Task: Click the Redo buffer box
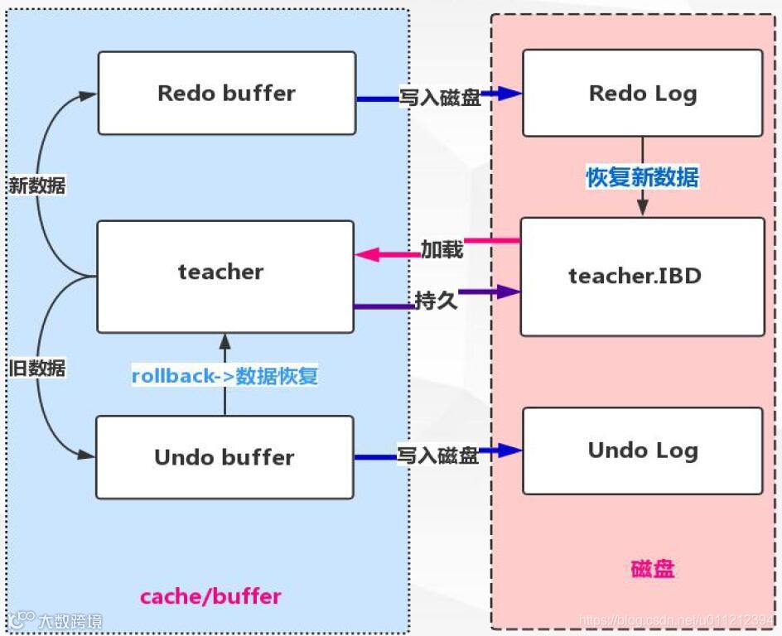[226, 93]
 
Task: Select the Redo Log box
[642, 93]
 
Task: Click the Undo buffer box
[224, 457]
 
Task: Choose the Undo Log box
[642, 450]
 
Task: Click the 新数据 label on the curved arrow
[36, 185]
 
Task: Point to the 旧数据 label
[36, 369]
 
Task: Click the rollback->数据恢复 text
[224, 375]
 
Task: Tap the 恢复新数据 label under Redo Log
[642, 177]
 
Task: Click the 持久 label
[436, 300]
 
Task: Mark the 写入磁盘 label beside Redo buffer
[440, 96]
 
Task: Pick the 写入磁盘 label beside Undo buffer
[437, 455]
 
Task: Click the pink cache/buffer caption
[210, 595]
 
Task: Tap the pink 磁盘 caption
[653, 569]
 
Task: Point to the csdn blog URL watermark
[676, 620]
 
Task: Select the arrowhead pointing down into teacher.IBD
[642, 208]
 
